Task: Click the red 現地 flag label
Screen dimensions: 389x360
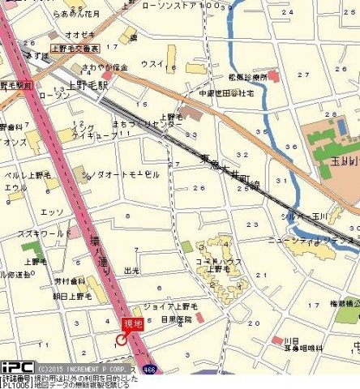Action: click(131, 323)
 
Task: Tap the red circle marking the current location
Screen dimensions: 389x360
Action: click(122, 340)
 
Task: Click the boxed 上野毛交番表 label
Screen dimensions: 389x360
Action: click(75, 48)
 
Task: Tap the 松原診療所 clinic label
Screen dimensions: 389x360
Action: click(248, 77)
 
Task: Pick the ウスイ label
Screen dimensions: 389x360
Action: click(152, 63)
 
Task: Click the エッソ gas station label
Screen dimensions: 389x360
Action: click(52, 212)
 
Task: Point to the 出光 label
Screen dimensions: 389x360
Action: click(131, 271)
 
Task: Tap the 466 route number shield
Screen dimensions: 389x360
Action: click(150, 368)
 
